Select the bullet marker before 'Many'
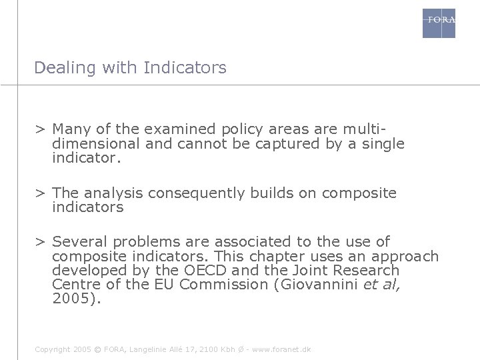click(x=41, y=128)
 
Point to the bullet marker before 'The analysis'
click(x=41, y=193)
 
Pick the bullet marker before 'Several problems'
click(x=41, y=242)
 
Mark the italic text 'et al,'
click(x=385, y=285)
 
